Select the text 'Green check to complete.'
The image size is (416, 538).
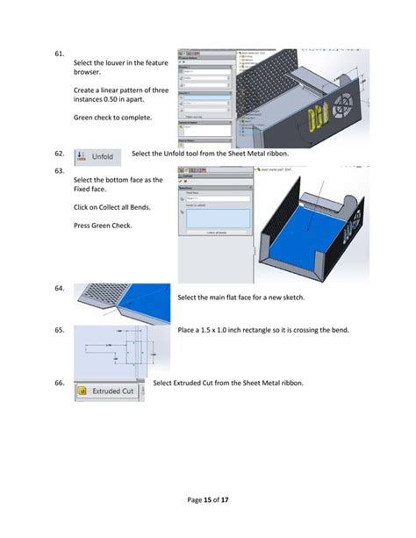(x=111, y=118)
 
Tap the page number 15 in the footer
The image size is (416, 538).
(x=207, y=499)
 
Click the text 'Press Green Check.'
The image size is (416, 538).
(x=104, y=226)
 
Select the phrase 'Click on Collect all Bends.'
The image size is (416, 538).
(x=111, y=207)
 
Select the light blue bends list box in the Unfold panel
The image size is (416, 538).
(x=214, y=218)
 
